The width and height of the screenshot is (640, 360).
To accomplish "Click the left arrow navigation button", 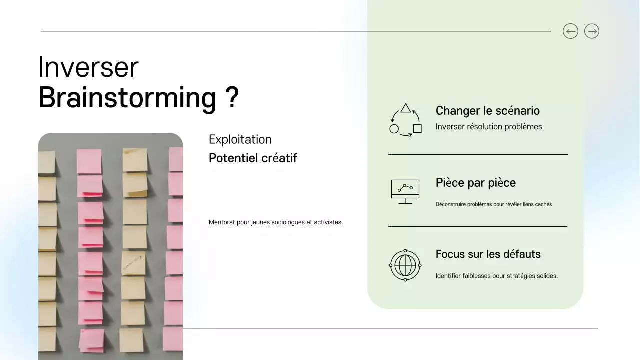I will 570,31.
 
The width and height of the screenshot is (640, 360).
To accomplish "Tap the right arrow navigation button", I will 592,31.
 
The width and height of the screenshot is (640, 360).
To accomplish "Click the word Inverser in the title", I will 88,67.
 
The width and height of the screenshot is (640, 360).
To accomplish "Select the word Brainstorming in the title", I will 127,97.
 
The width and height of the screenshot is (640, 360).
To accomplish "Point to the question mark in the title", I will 231,97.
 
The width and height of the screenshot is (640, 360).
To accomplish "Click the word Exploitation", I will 240,139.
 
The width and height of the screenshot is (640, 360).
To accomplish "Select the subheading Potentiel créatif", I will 253,158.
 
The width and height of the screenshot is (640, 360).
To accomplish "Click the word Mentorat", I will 222,222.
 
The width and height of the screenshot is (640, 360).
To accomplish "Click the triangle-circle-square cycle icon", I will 405,120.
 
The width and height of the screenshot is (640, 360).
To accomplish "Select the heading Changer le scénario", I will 487,111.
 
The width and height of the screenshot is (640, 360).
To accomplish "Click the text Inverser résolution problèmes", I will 488,127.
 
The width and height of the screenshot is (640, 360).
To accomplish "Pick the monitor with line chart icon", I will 405,191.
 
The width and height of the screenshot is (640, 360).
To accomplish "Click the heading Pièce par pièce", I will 475,183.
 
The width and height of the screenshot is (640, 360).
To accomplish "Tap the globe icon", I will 405,265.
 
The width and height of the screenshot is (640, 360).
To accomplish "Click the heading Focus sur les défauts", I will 488,254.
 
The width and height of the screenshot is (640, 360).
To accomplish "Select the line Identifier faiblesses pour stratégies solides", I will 496,276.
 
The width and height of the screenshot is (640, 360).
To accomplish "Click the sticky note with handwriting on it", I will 133,263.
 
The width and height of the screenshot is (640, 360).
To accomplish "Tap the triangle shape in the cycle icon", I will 406,108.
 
